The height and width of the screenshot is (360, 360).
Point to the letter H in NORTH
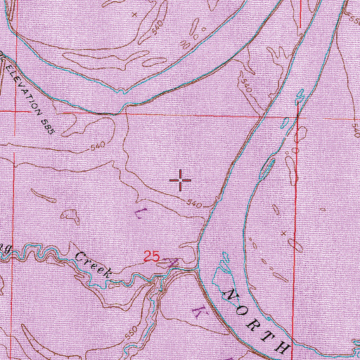[x=284, y=347]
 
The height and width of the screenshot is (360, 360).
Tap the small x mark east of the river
[x=284, y=232]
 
